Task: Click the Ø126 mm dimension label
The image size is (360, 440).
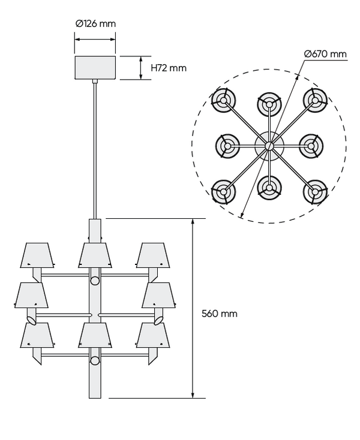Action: point(95,23)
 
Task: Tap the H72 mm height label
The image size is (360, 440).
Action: point(169,68)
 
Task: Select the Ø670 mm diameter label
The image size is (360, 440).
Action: point(325,53)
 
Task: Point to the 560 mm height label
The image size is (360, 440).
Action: point(220,314)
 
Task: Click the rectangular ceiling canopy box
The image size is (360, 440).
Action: point(95,68)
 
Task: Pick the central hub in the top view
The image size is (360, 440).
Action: point(269,145)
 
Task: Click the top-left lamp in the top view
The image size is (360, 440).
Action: point(224,100)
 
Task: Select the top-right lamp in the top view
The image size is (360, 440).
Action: point(315,100)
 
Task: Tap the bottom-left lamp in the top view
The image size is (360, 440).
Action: point(224,192)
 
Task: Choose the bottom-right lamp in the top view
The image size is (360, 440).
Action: point(315,192)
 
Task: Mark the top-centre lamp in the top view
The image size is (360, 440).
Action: point(269,104)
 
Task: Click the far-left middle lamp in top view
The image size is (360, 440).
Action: point(228,146)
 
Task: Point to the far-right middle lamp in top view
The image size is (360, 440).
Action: point(311,146)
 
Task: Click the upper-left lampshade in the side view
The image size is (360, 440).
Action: point(37,255)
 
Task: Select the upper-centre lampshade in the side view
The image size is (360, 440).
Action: point(95,255)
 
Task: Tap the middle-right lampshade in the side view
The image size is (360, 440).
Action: point(158,295)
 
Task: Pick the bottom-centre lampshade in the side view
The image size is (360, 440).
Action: point(95,335)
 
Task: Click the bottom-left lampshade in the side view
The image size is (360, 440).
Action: point(37,335)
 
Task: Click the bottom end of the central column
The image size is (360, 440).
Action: point(95,397)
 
